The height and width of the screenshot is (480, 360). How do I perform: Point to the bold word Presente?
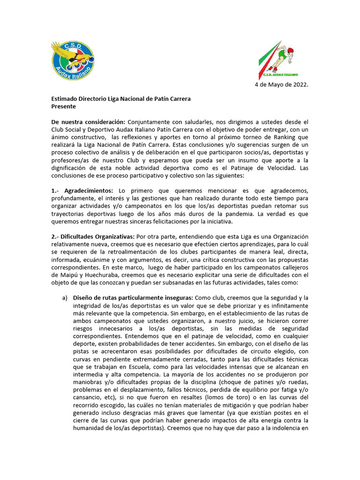63,106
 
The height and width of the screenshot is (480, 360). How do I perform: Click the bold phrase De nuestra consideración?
88,122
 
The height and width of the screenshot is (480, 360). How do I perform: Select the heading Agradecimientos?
89,191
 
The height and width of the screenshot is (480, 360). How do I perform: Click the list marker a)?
65,298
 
